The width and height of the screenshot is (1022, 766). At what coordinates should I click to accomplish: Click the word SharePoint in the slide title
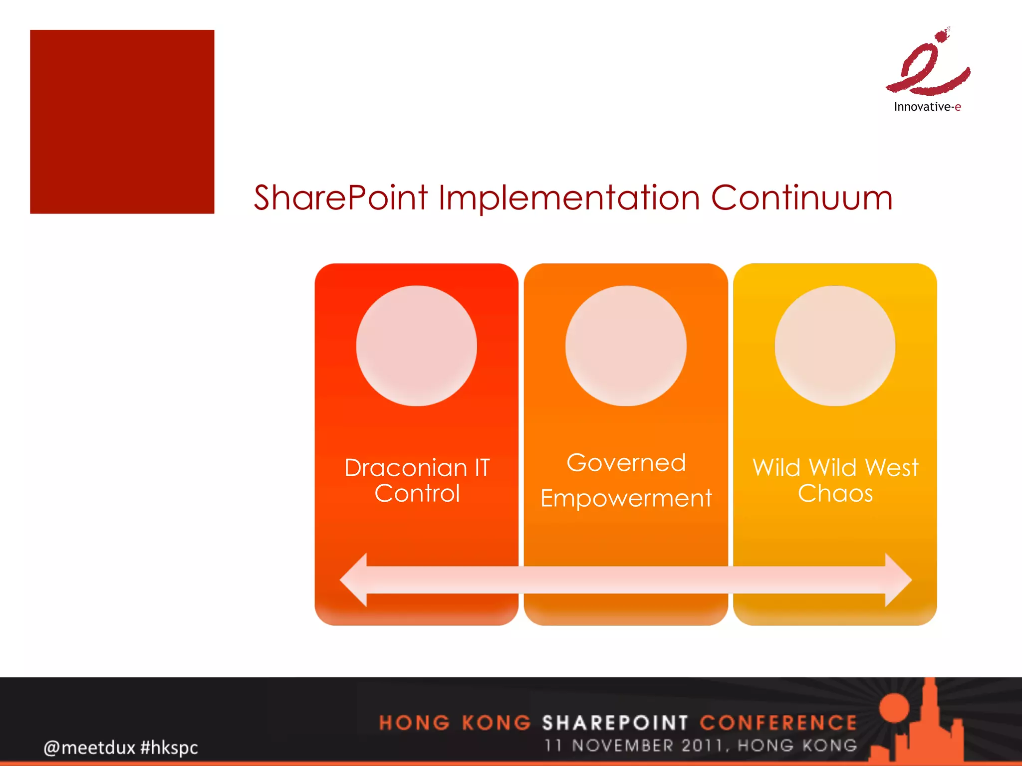click(x=340, y=198)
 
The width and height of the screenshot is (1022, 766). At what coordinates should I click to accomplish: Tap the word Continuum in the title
click(x=801, y=198)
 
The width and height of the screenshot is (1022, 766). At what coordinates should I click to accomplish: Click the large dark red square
click(x=122, y=122)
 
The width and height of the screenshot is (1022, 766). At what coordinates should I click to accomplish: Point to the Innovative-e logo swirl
click(x=928, y=67)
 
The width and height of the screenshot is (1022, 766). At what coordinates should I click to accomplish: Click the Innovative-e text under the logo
click(x=927, y=107)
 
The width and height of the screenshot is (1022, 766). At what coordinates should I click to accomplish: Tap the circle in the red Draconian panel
click(x=416, y=346)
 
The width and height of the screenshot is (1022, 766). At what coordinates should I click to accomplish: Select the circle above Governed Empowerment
click(x=626, y=346)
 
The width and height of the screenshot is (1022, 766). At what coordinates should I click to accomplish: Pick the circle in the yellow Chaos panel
click(x=835, y=346)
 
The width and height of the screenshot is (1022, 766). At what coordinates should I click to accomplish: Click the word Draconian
click(x=405, y=468)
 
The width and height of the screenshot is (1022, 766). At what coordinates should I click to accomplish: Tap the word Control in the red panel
click(x=417, y=494)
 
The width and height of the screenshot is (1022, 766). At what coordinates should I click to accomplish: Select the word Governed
click(x=626, y=463)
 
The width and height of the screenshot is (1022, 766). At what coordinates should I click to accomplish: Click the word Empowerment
click(x=626, y=498)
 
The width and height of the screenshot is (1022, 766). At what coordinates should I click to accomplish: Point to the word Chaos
click(x=835, y=494)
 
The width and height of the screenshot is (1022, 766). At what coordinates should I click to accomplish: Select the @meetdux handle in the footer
click(x=89, y=748)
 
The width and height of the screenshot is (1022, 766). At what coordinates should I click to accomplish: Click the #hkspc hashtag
click(x=169, y=748)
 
